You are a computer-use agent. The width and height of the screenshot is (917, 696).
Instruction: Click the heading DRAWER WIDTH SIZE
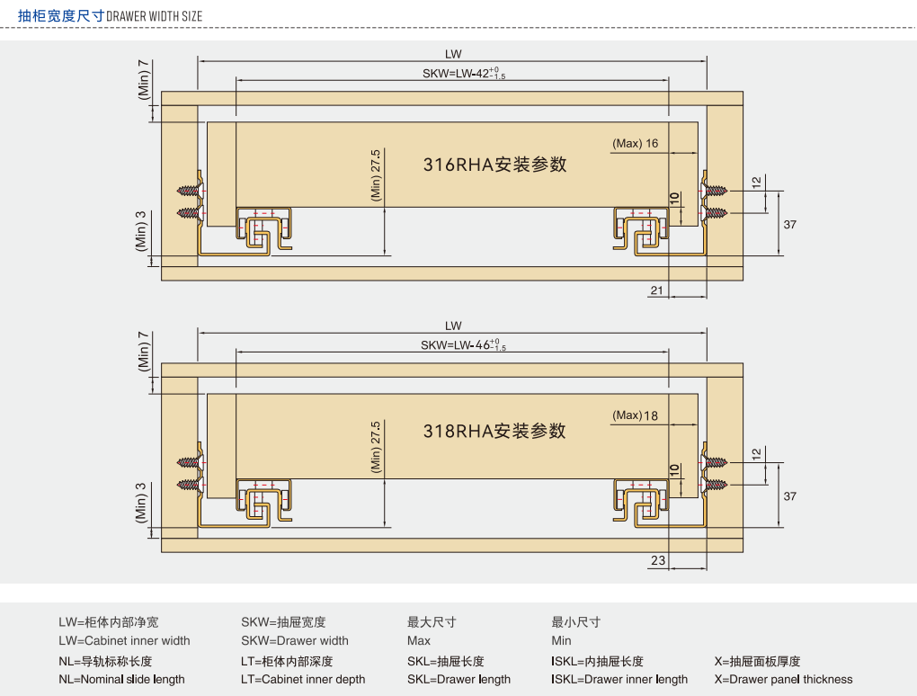pos(154,16)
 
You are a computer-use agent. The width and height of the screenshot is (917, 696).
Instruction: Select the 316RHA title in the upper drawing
pos(494,165)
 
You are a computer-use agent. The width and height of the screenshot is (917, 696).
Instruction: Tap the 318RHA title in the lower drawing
pos(494,431)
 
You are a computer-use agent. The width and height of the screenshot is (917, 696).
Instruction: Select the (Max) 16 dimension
pos(635,144)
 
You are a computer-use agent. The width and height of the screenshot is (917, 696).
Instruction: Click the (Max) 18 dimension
pos(635,415)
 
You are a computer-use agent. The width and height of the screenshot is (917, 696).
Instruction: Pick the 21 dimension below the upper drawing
pos(656,290)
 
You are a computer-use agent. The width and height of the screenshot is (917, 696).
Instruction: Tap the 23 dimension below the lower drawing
pos(658,560)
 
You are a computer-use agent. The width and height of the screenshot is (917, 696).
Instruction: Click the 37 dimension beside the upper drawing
pos(789,224)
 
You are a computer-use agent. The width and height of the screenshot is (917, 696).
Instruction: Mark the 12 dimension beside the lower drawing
pos(756,453)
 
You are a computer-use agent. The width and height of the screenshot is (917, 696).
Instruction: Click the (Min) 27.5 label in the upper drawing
pos(376,175)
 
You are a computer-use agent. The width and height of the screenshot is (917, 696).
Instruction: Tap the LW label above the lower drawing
pos(453,326)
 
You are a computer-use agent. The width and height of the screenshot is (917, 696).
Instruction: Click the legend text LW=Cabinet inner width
pos(124,641)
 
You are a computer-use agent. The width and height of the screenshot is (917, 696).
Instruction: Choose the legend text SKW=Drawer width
pos(294,641)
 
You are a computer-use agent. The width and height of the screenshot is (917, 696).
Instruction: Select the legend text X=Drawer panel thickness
pos(783,680)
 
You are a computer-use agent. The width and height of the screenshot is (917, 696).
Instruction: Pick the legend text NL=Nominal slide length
pos(121,680)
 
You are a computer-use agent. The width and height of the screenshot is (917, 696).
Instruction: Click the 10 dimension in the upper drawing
pos(674,199)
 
